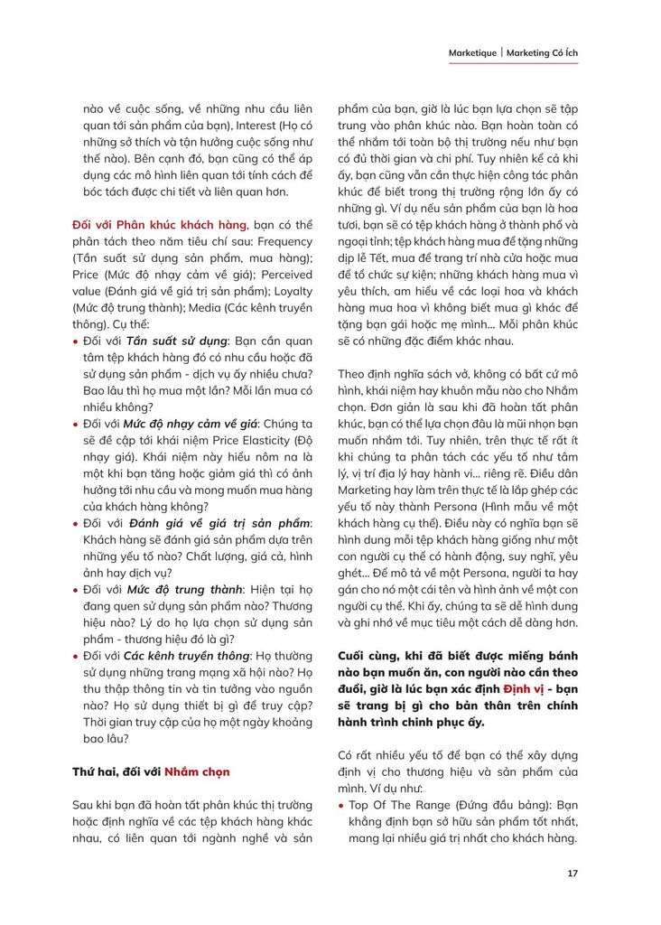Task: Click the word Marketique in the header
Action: (x=472, y=53)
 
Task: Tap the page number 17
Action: (x=573, y=874)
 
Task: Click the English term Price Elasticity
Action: (x=247, y=439)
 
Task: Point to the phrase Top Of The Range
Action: (x=395, y=804)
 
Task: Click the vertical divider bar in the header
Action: (x=501, y=53)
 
